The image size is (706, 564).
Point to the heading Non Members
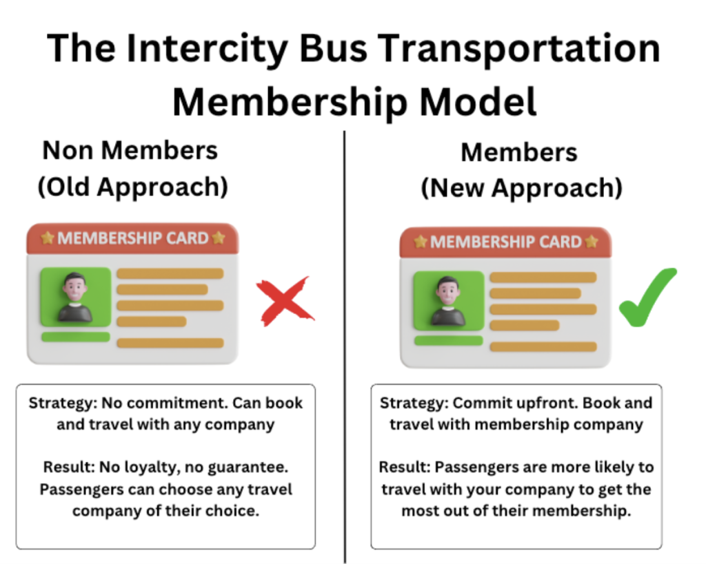point(130,150)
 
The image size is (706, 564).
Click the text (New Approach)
point(521,187)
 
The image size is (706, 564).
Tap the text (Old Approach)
point(133,187)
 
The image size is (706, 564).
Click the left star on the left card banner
point(48,238)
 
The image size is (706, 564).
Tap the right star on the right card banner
point(592,242)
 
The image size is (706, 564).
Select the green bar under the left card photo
point(76,337)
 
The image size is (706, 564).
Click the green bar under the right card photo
point(448,341)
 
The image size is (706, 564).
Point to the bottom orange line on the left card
point(170,343)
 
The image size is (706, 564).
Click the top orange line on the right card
point(543,277)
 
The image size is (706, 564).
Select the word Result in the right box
point(405,467)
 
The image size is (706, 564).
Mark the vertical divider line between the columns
point(345,347)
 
